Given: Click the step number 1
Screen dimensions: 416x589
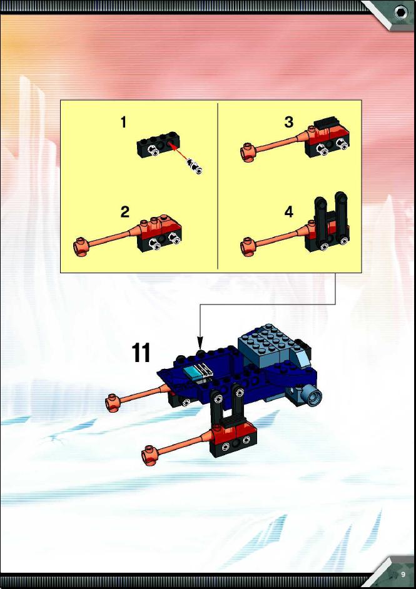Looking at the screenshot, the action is tap(124, 123).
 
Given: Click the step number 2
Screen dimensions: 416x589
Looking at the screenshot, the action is tap(124, 212).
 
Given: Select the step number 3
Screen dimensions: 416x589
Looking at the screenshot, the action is tap(288, 122).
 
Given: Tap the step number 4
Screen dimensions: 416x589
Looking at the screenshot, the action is tap(288, 212).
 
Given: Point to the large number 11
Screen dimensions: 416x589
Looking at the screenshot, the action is tap(141, 353).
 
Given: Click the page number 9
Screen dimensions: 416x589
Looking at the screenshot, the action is tap(403, 575).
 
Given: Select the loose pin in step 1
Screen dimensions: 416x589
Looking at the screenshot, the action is tap(195, 166).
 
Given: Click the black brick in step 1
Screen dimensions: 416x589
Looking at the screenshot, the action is tap(158, 144).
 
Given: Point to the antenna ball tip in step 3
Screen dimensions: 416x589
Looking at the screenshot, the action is tap(248, 153).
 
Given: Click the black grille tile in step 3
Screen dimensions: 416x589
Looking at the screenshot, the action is tap(327, 123).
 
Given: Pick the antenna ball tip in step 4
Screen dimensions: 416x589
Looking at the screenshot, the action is tap(248, 247).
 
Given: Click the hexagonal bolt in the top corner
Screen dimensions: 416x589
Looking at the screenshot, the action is tap(400, 13).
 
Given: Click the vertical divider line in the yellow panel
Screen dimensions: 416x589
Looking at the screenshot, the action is tap(218, 186).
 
